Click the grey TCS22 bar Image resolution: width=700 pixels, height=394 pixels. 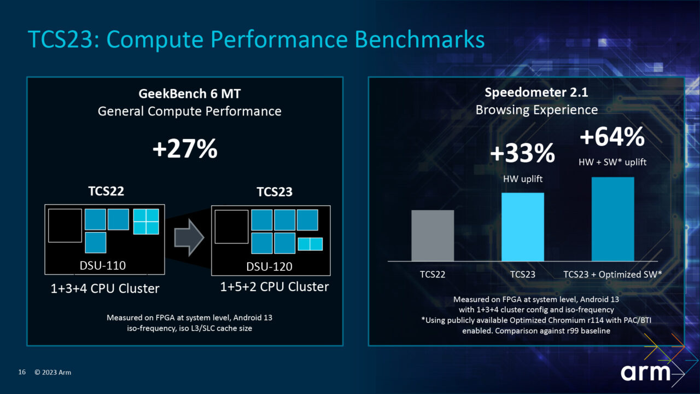[432, 235]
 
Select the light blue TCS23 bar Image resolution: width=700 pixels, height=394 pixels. [523, 227]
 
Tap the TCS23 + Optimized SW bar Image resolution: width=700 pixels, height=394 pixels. [612, 219]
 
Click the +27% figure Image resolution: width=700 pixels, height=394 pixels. [185, 148]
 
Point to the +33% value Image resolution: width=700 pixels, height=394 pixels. [522, 154]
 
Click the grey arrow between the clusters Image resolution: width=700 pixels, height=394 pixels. [189, 237]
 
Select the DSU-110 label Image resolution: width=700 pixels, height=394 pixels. [103, 266]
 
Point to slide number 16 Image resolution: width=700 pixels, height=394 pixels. [22, 373]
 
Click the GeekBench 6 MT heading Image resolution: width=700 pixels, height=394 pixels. [189, 94]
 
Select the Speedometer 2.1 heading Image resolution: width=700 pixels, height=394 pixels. [536, 92]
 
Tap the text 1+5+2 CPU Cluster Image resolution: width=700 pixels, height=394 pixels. [275, 287]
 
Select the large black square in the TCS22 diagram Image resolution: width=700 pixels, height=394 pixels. [65, 225]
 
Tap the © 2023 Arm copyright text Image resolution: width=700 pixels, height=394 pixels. [52, 373]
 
